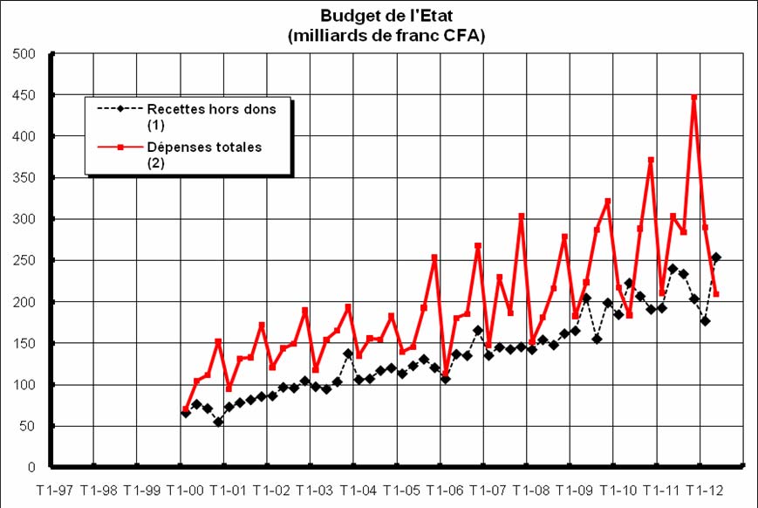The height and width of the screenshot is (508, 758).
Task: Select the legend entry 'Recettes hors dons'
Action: pyautogui.click(x=211, y=109)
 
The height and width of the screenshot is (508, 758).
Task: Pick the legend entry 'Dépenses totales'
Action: pyautogui.click(x=204, y=148)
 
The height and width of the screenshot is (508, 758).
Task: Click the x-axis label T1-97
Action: pyautogui.click(x=52, y=490)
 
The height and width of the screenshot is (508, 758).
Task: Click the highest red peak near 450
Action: pyautogui.click(x=694, y=98)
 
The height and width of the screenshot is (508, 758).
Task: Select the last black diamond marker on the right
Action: pyautogui.click(x=716, y=257)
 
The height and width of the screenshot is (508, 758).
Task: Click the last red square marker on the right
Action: pyautogui.click(x=716, y=294)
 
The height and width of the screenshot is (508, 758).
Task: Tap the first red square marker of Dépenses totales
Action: pyautogui.click(x=186, y=409)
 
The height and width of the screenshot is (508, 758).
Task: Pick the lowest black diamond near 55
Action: pyautogui.click(x=218, y=422)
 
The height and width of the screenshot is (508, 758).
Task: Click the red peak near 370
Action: pyautogui.click(x=651, y=161)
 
